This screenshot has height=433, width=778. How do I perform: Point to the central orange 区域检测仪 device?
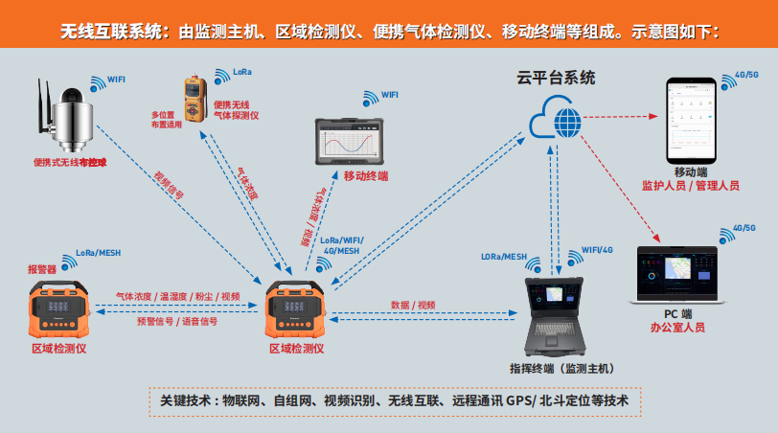297,308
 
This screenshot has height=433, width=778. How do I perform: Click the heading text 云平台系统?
556,78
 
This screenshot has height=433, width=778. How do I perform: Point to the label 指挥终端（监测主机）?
561,369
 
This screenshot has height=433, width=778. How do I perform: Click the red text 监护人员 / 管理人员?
691,185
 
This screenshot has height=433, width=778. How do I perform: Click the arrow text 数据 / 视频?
413,304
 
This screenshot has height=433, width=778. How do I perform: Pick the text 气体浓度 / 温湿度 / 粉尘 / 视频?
178,297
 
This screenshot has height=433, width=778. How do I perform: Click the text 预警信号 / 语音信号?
178,322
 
